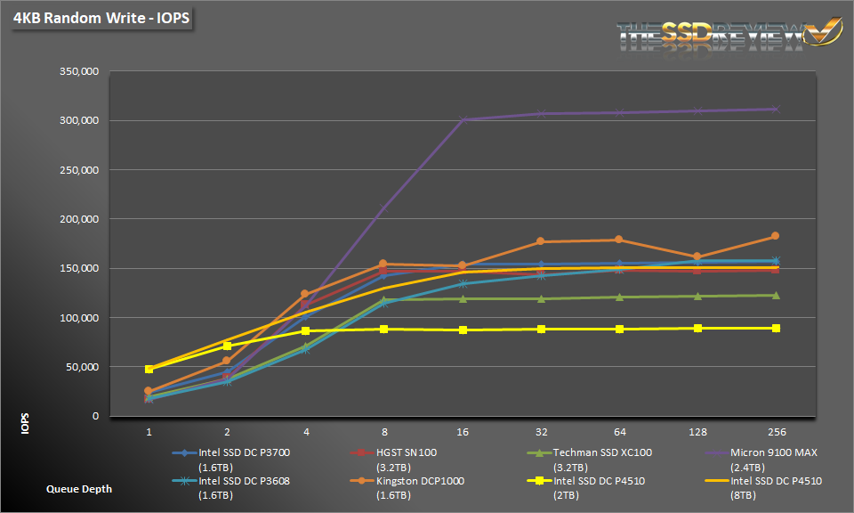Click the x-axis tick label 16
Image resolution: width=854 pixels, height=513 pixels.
[x=462, y=431]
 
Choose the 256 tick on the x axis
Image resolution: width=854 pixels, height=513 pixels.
[x=775, y=431]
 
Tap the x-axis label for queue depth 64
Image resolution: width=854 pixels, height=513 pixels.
[x=619, y=431]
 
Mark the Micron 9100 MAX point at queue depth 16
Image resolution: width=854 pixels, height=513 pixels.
[x=463, y=119]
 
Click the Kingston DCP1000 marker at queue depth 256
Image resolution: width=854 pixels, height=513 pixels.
[x=775, y=236]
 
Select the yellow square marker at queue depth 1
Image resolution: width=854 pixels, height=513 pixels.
[x=149, y=369]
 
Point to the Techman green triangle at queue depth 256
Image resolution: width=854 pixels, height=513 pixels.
[x=775, y=295]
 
